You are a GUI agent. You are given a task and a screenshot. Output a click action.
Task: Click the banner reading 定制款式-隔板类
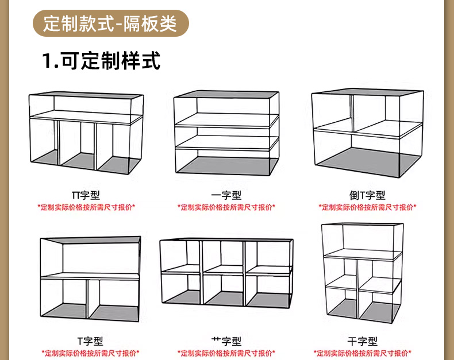pyautogui.click(x=111, y=25)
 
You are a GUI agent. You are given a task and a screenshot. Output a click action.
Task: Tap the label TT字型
pyautogui.click(x=86, y=196)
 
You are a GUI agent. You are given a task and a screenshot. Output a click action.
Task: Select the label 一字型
pyautogui.click(x=226, y=196)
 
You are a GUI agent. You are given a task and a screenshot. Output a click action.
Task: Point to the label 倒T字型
pyautogui.click(x=367, y=196)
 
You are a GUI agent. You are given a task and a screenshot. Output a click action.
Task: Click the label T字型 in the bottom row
pyautogui.click(x=90, y=342)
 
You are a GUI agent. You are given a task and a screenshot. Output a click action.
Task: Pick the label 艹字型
pyautogui.click(x=226, y=342)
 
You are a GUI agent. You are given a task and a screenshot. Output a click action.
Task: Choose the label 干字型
pyautogui.click(x=363, y=342)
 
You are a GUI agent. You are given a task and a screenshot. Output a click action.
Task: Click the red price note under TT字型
pyautogui.click(x=86, y=207)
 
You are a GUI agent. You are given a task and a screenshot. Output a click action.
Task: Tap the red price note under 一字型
pyautogui.click(x=226, y=207)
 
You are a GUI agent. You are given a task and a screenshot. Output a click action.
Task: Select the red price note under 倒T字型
pyautogui.click(x=367, y=207)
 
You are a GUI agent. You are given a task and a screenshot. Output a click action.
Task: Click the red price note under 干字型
pyautogui.click(x=363, y=353)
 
